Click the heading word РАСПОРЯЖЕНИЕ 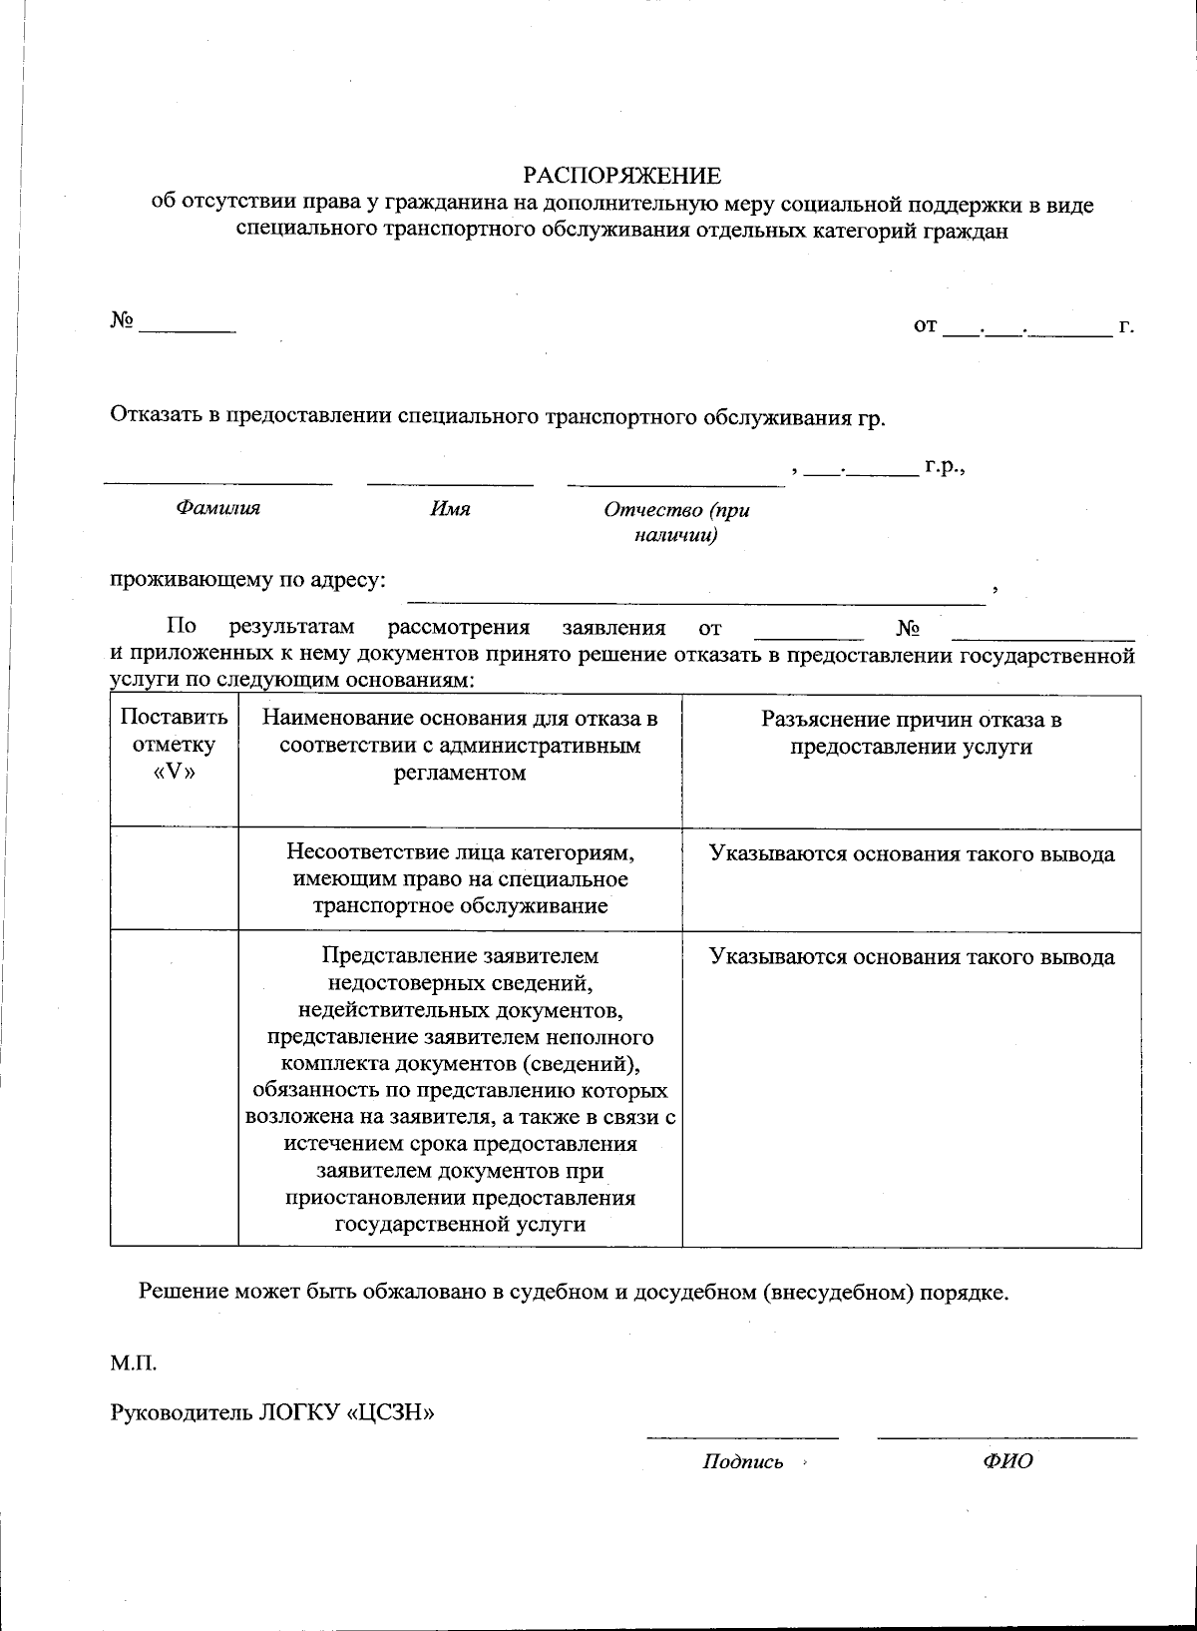click(621, 177)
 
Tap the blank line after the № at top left click(188, 328)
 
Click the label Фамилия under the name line click(217, 508)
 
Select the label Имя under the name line click(450, 509)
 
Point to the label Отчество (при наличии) click(676, 522)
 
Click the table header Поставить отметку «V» click(174, 745)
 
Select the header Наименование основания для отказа click(460, 745)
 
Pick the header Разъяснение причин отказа click(911, 733)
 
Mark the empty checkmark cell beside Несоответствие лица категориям click(174, 878)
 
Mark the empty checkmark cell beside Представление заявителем click(174, 1088)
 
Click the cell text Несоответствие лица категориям click(460, 854)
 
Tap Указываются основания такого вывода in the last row click(911, 957)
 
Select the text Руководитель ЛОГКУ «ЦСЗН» click(272, 1412)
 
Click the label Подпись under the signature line click(742, 1462)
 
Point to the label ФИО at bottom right click(1007, 1462)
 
